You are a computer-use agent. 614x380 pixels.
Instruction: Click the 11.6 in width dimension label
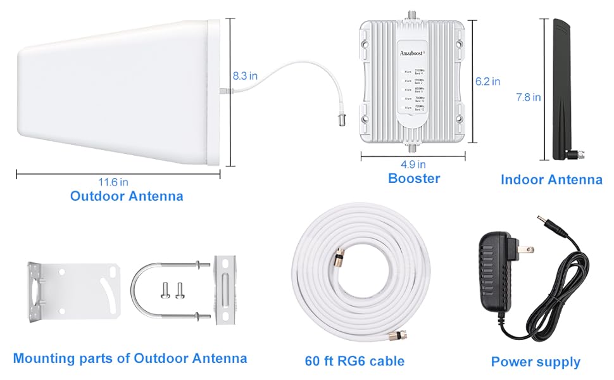115,182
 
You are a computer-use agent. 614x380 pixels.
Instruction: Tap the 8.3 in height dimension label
245,75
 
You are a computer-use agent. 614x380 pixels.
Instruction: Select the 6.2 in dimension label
487,81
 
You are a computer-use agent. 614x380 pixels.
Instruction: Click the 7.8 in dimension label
528,97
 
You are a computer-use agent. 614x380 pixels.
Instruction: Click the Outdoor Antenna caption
127,196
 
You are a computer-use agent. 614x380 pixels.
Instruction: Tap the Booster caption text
414,179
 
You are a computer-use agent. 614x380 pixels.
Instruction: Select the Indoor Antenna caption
551,180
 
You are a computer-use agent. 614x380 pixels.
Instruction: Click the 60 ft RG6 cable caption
354,361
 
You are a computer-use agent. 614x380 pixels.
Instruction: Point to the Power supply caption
536,362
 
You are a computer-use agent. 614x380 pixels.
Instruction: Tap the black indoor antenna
560,89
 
